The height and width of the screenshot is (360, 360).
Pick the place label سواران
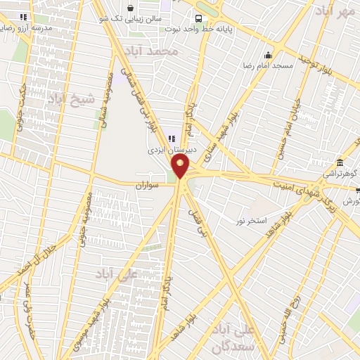148,185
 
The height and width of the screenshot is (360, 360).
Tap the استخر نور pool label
251,221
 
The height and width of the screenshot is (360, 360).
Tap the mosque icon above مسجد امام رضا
268,55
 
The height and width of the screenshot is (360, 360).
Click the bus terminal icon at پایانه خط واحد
199,18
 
